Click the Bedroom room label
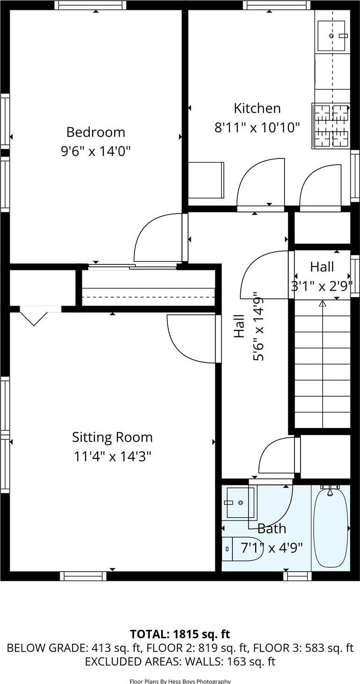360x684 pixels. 95,132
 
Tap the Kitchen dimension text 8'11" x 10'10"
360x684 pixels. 257,128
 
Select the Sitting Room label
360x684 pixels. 112,437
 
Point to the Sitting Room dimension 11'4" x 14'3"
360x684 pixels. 112,456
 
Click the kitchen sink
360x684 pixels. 331,36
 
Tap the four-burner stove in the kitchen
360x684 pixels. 331,126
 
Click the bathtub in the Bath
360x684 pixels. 330,527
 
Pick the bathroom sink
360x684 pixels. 240,503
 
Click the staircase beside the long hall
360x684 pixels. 322,364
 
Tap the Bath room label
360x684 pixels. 272,529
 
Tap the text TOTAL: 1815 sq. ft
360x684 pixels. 180,634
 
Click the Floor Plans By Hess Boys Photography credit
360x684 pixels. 180,681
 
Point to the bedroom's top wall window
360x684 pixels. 90,5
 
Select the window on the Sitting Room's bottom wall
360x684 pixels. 83,576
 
